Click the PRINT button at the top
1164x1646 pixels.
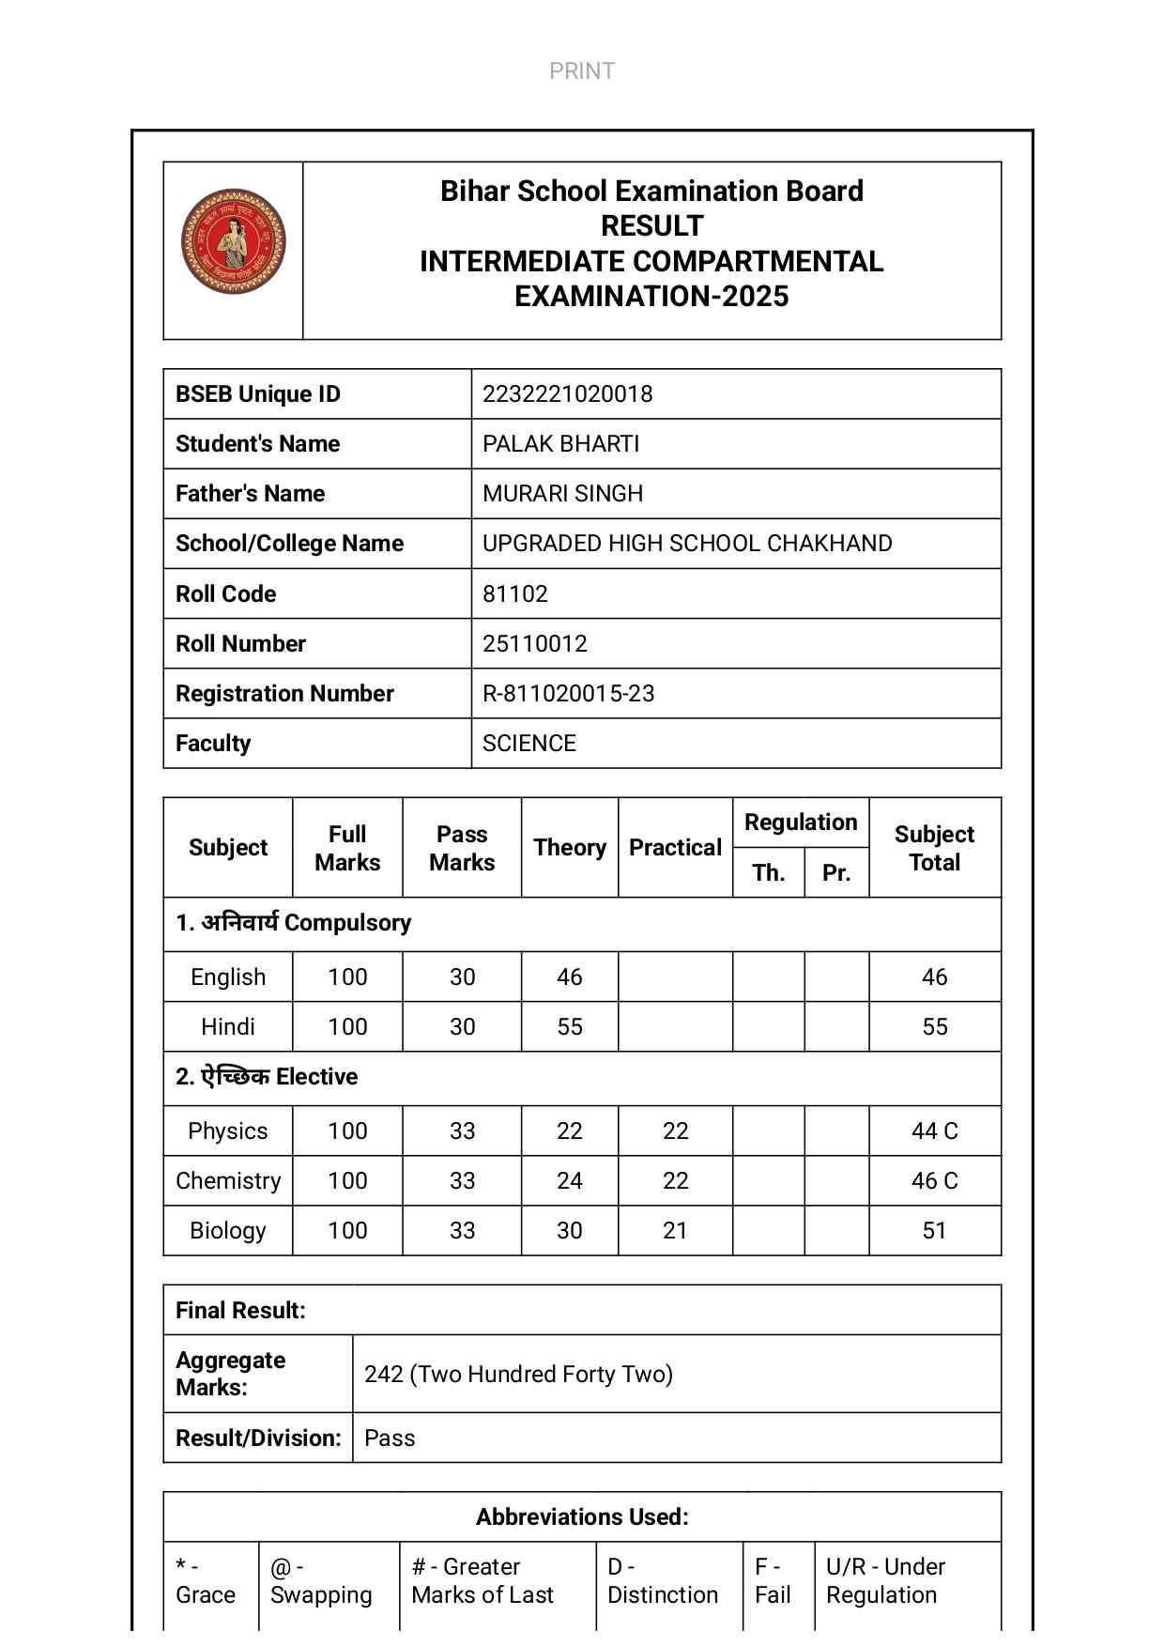click(582, 71)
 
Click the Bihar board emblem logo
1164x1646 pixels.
click(233, 242)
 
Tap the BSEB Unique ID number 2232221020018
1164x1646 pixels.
click(567, 394)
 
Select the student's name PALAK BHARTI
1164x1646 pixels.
click(560, 444)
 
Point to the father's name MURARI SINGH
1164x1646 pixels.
click(562, 494)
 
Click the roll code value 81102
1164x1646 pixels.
click(514, 594)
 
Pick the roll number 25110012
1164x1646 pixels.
click(534, 644)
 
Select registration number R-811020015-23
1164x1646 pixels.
click(568, 694)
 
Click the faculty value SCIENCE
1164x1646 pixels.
click(528, 744)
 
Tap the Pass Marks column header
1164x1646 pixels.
click(462, 848)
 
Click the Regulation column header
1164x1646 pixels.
click(801, 823)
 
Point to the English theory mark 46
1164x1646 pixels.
click(569, 977)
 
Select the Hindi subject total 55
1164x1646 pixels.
click(934, 1027)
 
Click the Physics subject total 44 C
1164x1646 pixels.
click(934, 1131)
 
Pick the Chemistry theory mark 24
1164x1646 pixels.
click(569, 1181)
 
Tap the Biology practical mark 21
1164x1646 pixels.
click(675, 1231)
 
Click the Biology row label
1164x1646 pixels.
click(228, 1231)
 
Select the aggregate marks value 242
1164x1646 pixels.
click(518, 1375)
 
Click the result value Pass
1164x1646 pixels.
click(390, 1438)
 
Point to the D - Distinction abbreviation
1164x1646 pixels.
click(662, 1581)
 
